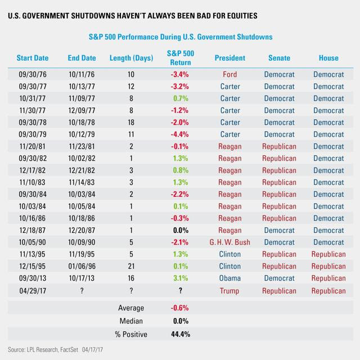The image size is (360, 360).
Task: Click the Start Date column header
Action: coord(33,58)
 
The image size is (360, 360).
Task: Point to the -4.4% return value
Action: coord(181,135)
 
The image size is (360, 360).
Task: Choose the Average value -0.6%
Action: coord(181,308)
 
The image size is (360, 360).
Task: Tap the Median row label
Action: coord(130,321)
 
